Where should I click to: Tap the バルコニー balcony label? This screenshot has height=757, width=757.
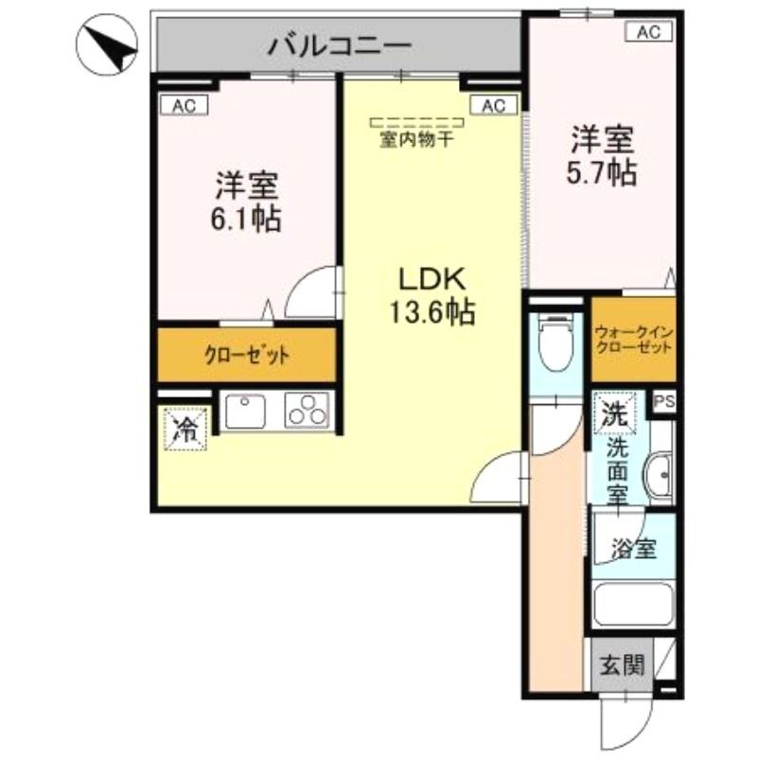click(x=339, y=44)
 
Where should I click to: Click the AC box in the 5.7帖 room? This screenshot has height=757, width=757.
click(x=648, y=32)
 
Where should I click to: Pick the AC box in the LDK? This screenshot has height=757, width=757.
click(x=493, y=106)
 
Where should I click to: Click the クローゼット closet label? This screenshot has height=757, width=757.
click(x=246, y=357)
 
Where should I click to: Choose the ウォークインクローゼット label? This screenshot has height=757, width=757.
click(x=634, y=340)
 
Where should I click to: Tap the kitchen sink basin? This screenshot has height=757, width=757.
click(x=246, y=412)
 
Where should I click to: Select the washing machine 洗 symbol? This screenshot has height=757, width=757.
click(x=614, y=413)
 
